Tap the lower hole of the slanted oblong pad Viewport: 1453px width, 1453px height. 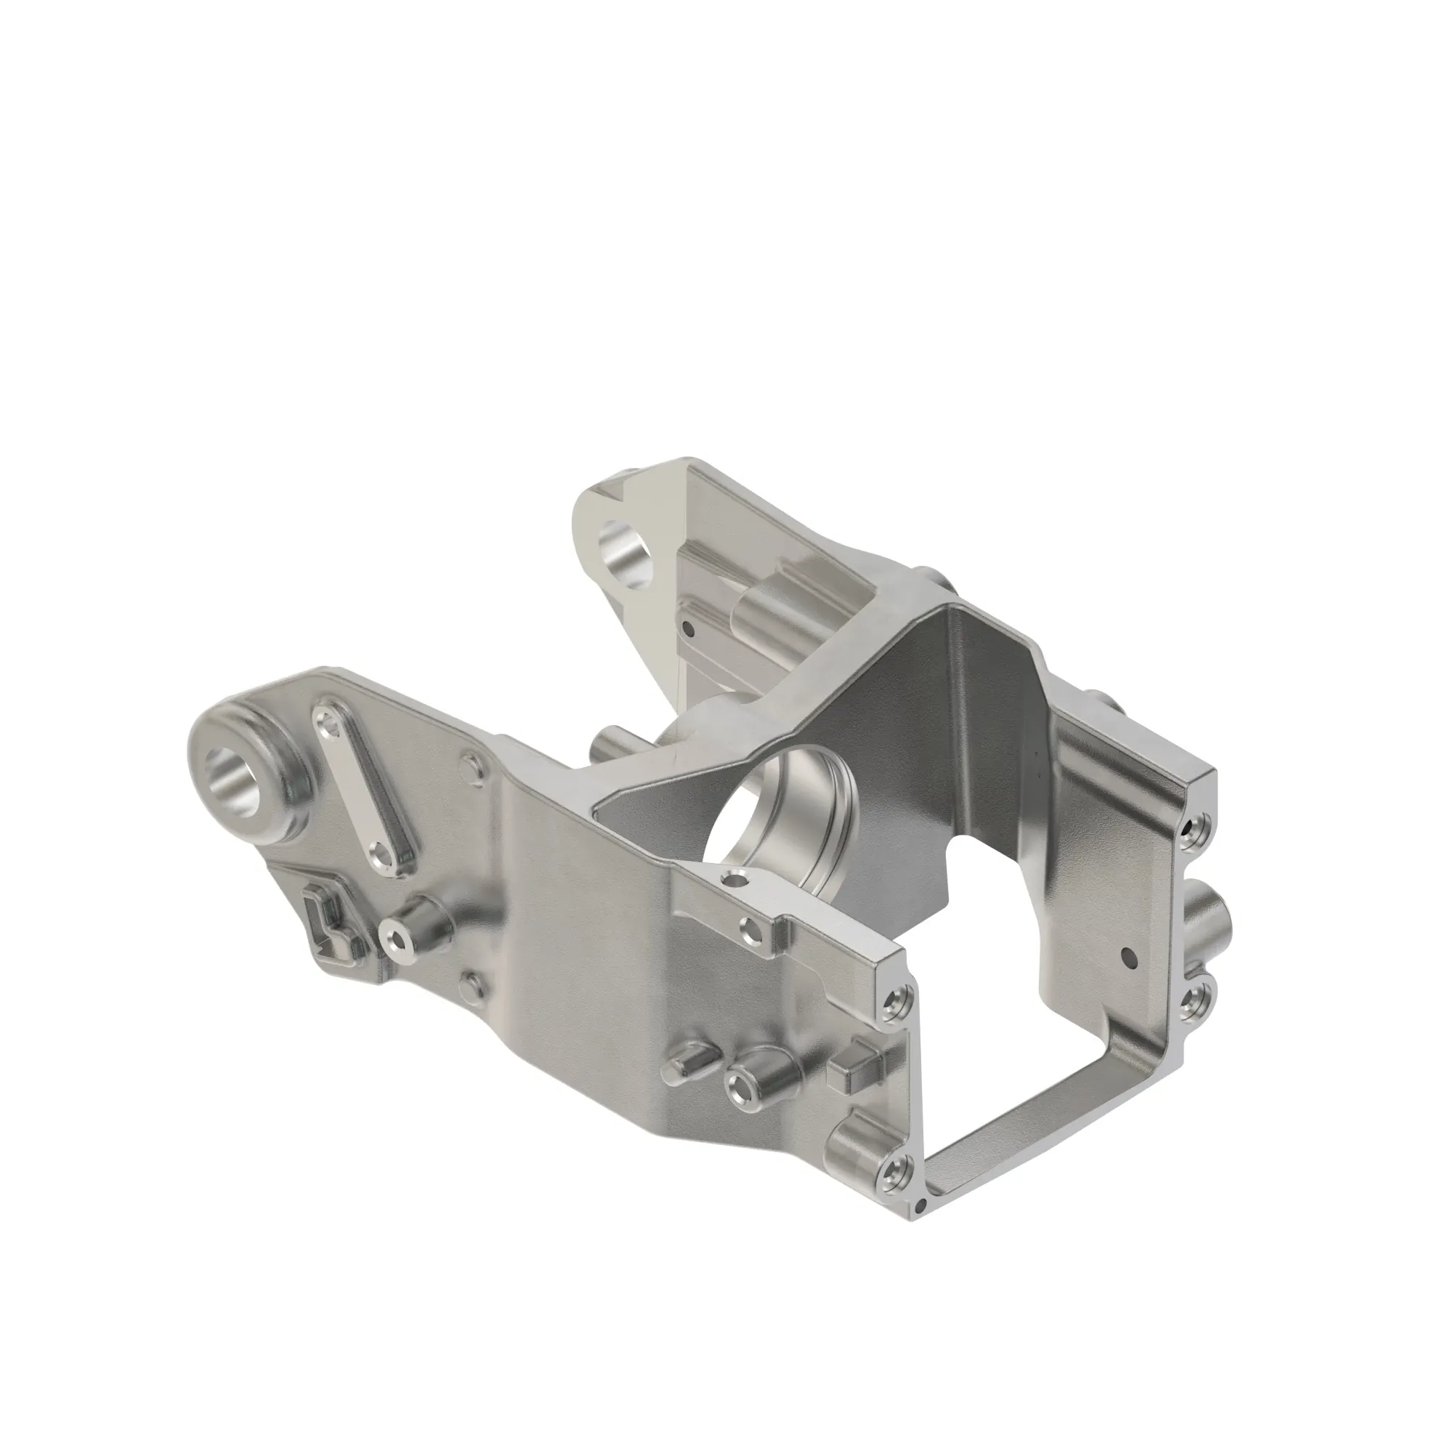(x=386, y=854)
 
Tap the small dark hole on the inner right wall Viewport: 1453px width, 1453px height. (x=1126, y=957)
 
